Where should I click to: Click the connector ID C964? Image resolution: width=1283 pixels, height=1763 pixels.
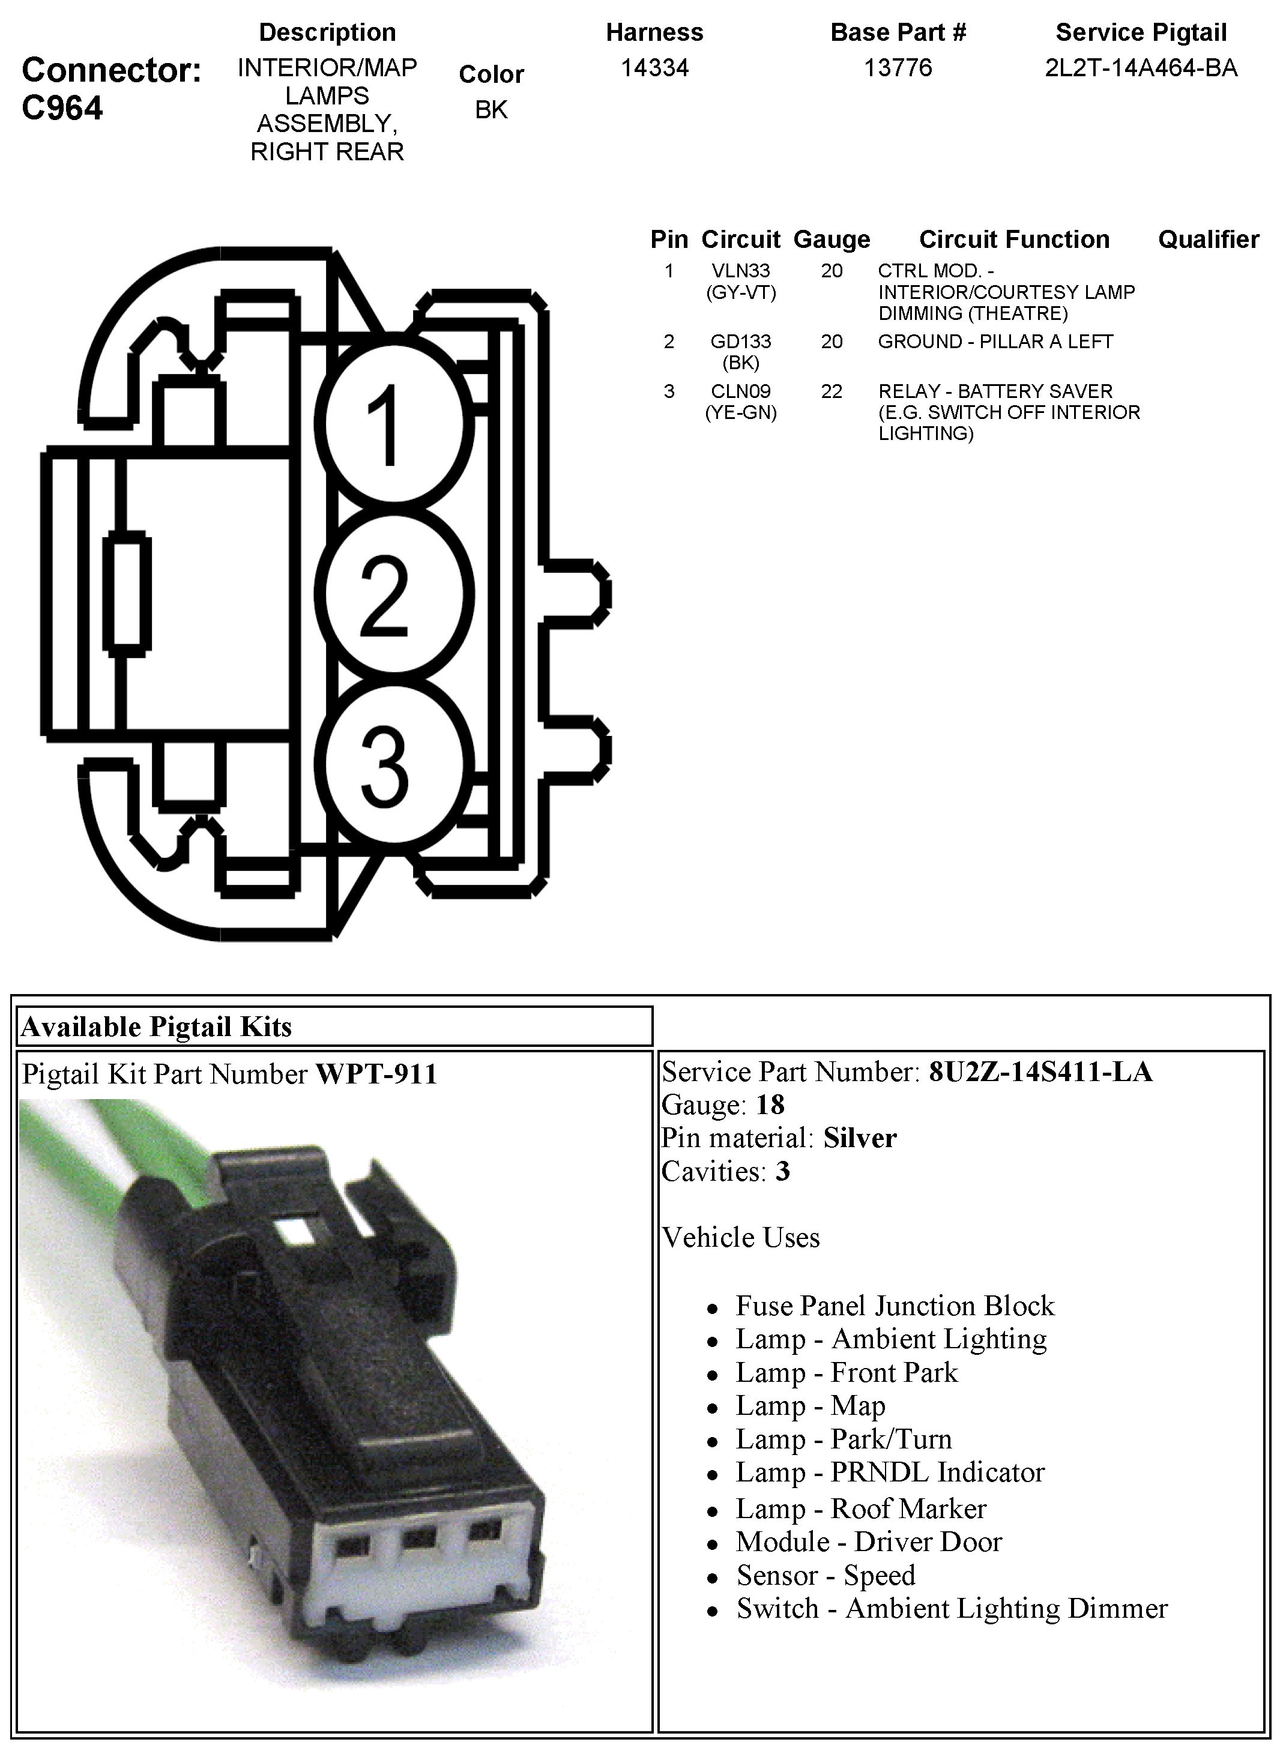[62, 107]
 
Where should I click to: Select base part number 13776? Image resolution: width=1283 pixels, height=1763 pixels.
[898, 68]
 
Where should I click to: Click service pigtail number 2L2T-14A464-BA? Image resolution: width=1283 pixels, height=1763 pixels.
[1141, 68]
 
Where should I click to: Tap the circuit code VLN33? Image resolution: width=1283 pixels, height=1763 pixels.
[740, 271]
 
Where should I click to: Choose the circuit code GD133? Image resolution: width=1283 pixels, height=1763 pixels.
[740, 341]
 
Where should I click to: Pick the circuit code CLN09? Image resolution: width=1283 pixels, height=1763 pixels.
[740, 391]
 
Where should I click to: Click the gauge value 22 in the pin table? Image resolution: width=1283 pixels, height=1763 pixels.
[832, 391]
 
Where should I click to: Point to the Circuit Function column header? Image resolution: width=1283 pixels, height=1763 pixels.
[1013, 240]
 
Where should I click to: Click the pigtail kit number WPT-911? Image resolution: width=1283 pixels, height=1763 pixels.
[376, 1074]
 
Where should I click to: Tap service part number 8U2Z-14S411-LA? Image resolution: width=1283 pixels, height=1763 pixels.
[1040, 1072]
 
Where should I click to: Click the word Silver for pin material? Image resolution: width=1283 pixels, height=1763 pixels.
[860, 1138]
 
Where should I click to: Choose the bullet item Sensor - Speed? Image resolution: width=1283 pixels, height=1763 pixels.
[826, 1576]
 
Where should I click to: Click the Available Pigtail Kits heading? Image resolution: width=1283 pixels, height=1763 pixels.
[156, 1027]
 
